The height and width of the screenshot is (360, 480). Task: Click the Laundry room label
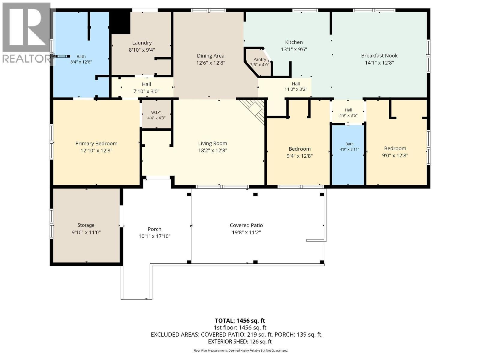pos(142,43)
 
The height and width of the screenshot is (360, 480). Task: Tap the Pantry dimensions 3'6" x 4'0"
pos(259,65)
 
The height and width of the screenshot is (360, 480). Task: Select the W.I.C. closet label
pos(156,112)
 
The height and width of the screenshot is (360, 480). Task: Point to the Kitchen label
pos(294,42)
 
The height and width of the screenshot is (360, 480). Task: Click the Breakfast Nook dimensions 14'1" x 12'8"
pos(379,63)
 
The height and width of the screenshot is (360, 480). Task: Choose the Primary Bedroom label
pos(96,144)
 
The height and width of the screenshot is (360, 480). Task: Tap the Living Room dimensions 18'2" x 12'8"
pos(212,150)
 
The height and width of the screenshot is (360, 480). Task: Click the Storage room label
pos(86,225)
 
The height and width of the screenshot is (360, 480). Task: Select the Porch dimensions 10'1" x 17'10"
pos(154,236)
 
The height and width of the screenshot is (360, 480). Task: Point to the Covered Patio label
pos(246,225)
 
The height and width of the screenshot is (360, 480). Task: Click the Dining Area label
pos(211,56)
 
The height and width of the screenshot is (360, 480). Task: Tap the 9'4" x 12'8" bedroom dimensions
pos(300,156)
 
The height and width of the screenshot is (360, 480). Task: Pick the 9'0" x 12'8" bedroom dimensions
pos(395,155)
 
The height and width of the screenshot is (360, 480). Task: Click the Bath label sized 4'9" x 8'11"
pos(349,144)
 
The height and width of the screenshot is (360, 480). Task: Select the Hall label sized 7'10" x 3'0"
pos(146,84)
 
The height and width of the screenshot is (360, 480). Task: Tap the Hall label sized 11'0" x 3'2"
pos(296,84)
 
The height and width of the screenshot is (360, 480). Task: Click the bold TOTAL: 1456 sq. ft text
pos(240,321)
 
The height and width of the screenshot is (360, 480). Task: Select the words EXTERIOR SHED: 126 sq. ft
pos(240,341)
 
